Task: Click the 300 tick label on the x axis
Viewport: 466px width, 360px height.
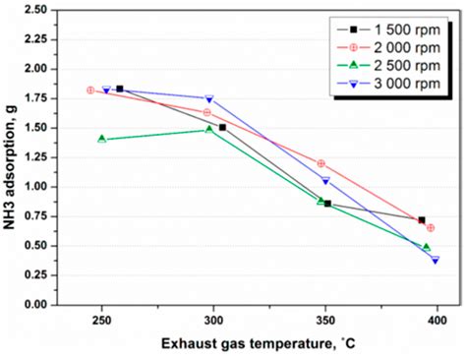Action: (x=213, y=320)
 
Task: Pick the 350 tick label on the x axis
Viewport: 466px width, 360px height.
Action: (x=325, y=320)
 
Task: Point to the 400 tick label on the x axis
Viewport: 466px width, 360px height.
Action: (x=437, y=320)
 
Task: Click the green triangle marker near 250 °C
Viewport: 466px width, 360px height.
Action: (x=102, y=139)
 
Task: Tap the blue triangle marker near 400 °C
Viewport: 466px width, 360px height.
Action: (x=435, y=260)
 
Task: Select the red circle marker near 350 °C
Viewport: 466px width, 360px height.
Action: (x=321, y=163)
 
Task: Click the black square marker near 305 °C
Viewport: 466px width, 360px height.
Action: (x=222, y=128)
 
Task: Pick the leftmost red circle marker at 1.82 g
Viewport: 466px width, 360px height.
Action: (x=90, y=90)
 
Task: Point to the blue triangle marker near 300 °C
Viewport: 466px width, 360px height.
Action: (x=209, y=98)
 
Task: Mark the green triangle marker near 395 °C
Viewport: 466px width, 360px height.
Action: (x=426, y=247)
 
